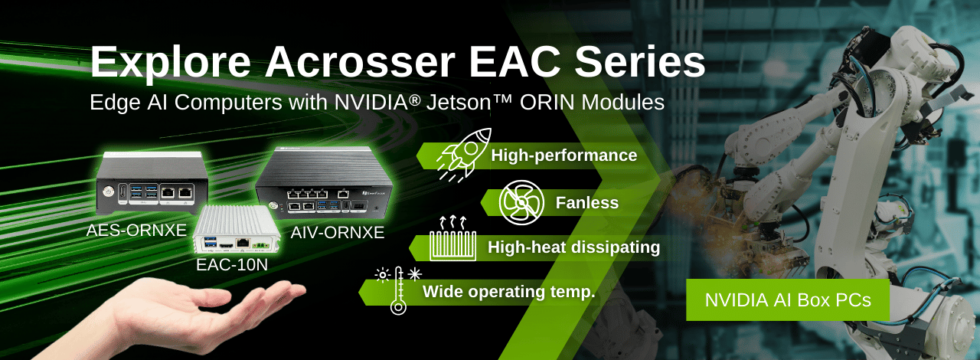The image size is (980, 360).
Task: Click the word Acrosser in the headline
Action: tap(360, 62)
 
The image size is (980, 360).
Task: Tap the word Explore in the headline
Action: tap(170, 64)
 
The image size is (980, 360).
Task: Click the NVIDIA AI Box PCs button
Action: tap(788, 300)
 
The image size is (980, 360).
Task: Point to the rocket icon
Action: tap(464, 154)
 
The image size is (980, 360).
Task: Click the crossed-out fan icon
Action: tap(521, 202)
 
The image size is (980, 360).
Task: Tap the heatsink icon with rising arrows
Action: tap(452, 238)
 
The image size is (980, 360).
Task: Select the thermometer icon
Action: tap(398, 290)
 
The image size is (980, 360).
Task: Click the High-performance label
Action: tap(564, 155)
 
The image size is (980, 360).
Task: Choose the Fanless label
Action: tap(587, 203)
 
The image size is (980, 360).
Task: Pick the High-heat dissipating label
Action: tap(573, 247)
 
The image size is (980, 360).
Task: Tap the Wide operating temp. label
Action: tap(509, 292)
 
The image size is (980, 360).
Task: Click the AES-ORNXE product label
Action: tap(136, 231)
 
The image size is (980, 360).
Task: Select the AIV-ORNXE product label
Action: tap(338, 232)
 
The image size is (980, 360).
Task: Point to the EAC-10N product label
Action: tap(232, 264)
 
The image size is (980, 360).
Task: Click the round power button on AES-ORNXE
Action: tap(106, 191)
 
